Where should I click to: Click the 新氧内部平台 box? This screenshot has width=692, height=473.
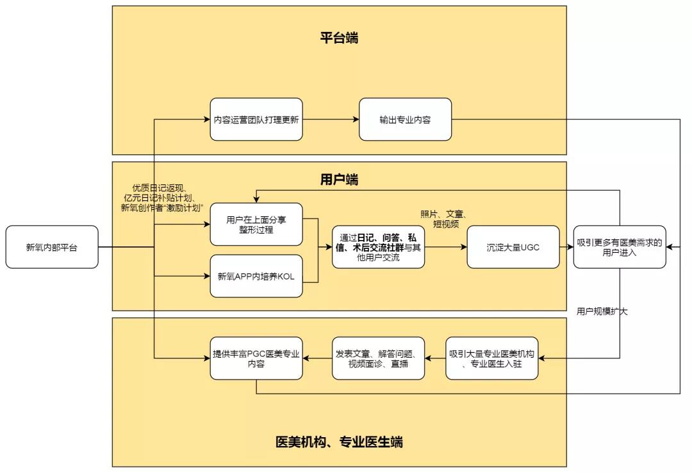52,247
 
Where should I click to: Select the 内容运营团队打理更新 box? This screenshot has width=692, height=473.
256,119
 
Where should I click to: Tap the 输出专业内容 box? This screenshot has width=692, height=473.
405,119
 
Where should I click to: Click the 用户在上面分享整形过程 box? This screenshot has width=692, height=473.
256,224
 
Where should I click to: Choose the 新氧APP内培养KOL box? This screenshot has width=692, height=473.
256,276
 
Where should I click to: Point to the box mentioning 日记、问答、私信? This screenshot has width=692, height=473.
378,247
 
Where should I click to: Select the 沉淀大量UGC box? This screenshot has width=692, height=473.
513,247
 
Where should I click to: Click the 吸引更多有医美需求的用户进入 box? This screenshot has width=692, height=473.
620,247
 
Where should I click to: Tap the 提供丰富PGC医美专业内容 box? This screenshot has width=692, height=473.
256,358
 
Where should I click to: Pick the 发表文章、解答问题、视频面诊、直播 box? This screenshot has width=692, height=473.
378,358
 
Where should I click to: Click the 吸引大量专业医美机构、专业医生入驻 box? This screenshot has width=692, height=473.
492,358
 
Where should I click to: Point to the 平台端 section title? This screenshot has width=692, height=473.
339,38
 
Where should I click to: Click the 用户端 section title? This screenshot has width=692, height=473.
339,180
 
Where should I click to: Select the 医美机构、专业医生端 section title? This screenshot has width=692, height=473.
339,442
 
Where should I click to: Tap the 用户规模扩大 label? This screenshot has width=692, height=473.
602,312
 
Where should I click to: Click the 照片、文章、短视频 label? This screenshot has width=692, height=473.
442,219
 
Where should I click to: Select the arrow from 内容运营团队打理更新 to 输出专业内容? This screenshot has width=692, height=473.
331,119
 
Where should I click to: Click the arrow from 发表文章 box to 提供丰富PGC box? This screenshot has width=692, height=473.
317,358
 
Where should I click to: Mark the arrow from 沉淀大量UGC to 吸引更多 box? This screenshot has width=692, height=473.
566,247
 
